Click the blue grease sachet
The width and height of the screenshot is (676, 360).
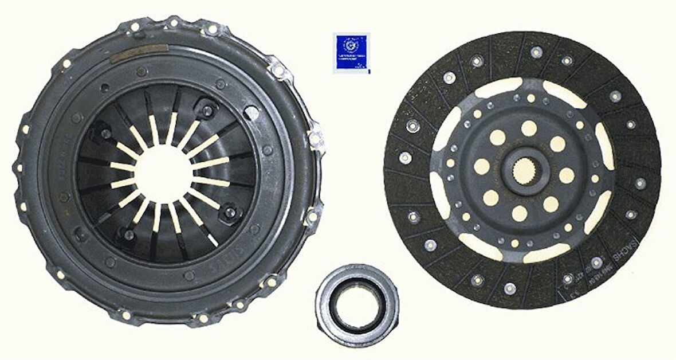pyautogui.click(x=351, y=53)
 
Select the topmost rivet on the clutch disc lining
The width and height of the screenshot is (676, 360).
pyautogui.click(x=536, y=52)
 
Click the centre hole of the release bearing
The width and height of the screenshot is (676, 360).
pyautogui.click(x=356, y=298)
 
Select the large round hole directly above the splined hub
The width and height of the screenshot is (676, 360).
pyautogui.click(x=528, y=128)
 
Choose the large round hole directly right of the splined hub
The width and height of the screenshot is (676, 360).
pyautogui.click(x=566, y=175)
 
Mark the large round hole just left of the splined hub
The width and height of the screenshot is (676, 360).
pyautogui.click(x=482, y=166)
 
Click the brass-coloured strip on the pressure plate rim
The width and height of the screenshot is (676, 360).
pyautogui.click(x=139, y=53)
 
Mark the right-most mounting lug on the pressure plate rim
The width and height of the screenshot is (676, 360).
pyautogui.click(x=316, y=138)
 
